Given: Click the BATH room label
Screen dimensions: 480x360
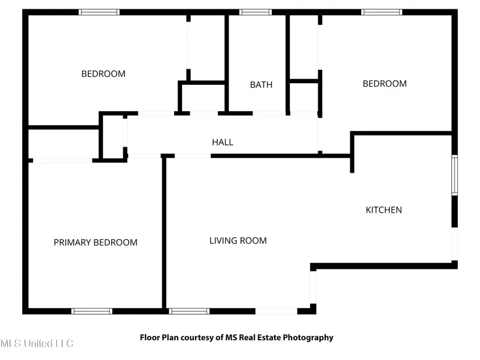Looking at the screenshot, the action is click(261, 84).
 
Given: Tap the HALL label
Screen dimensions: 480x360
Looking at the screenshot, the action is click(223, 142).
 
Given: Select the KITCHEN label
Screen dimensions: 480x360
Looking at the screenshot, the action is click(383, 210).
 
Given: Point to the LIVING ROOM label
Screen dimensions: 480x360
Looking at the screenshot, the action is click(238, 241).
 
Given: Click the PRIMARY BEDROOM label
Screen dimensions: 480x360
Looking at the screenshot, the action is click(95, 243).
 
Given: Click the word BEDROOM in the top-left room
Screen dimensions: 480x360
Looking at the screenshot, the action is click(103, 74).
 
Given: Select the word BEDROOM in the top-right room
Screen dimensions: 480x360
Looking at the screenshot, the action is click(385, 84).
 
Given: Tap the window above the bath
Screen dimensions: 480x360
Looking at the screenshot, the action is click(255, 12).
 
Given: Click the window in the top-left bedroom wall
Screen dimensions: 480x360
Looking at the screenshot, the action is click(99, 12).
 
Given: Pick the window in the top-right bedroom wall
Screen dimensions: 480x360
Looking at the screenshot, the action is click(382, 12).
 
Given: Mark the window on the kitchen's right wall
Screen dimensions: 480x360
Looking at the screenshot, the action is click(455, 175).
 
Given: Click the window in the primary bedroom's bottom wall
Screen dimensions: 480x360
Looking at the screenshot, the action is click(92, 311).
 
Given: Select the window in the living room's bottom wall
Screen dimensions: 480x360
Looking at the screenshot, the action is click(189, 311).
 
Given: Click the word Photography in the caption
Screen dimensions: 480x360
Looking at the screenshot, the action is click(308, 338).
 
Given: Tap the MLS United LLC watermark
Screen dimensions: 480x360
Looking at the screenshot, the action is click(37, 344).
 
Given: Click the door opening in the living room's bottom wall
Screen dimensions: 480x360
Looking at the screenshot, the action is click(276, 311).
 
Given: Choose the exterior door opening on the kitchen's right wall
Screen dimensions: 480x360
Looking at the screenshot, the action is click(455, 244).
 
